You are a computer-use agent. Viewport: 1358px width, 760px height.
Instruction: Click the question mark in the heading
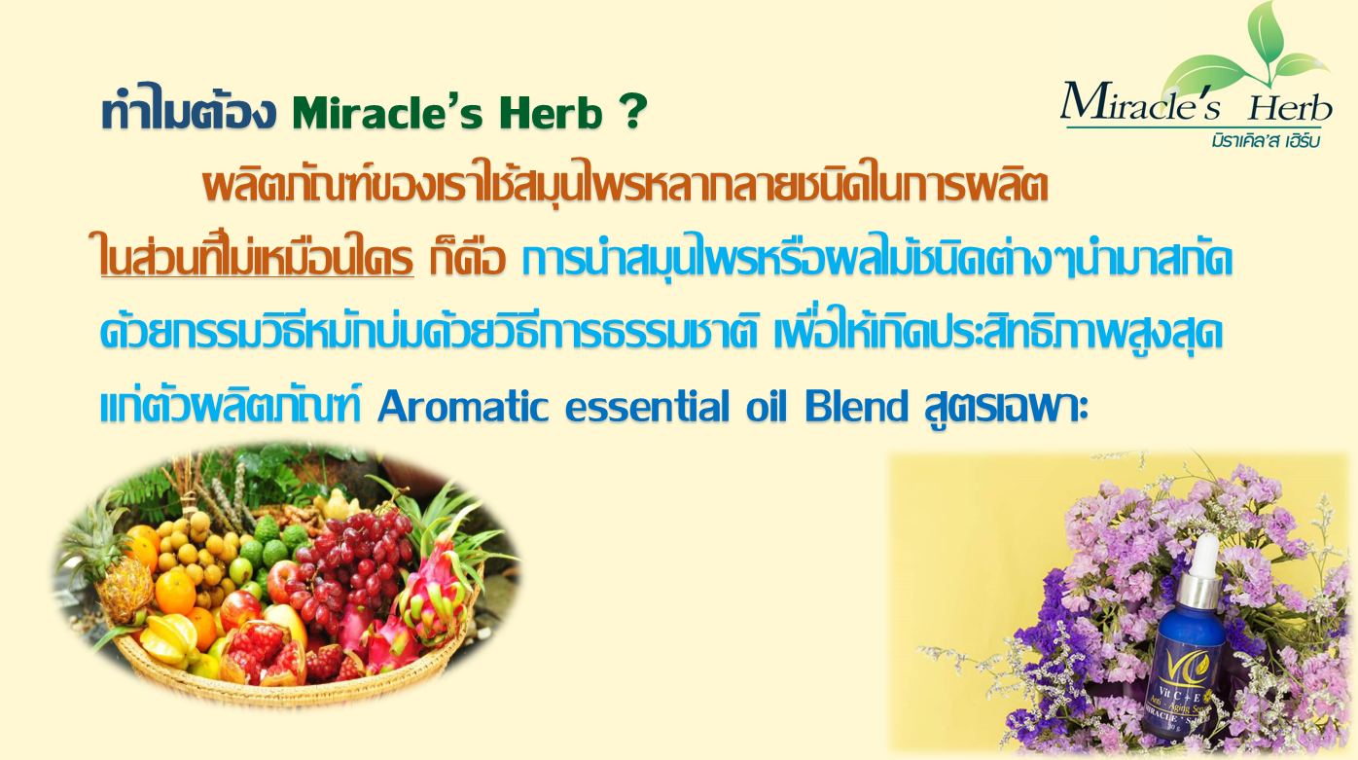633,111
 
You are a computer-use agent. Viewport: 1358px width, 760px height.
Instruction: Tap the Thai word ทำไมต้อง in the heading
189,110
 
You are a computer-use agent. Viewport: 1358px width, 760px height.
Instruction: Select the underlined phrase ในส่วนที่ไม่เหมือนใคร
256,255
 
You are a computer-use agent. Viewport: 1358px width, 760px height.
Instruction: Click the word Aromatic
463,407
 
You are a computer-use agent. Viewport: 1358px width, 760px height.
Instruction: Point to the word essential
648,407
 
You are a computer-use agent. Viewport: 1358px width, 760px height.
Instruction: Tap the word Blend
857,406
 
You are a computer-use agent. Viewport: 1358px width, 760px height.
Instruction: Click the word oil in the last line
767,406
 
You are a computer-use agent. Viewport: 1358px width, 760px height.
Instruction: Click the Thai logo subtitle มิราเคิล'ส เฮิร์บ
1266,140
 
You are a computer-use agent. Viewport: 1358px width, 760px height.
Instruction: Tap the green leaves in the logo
1249,54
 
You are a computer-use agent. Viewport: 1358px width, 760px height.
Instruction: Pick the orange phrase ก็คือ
467,258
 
